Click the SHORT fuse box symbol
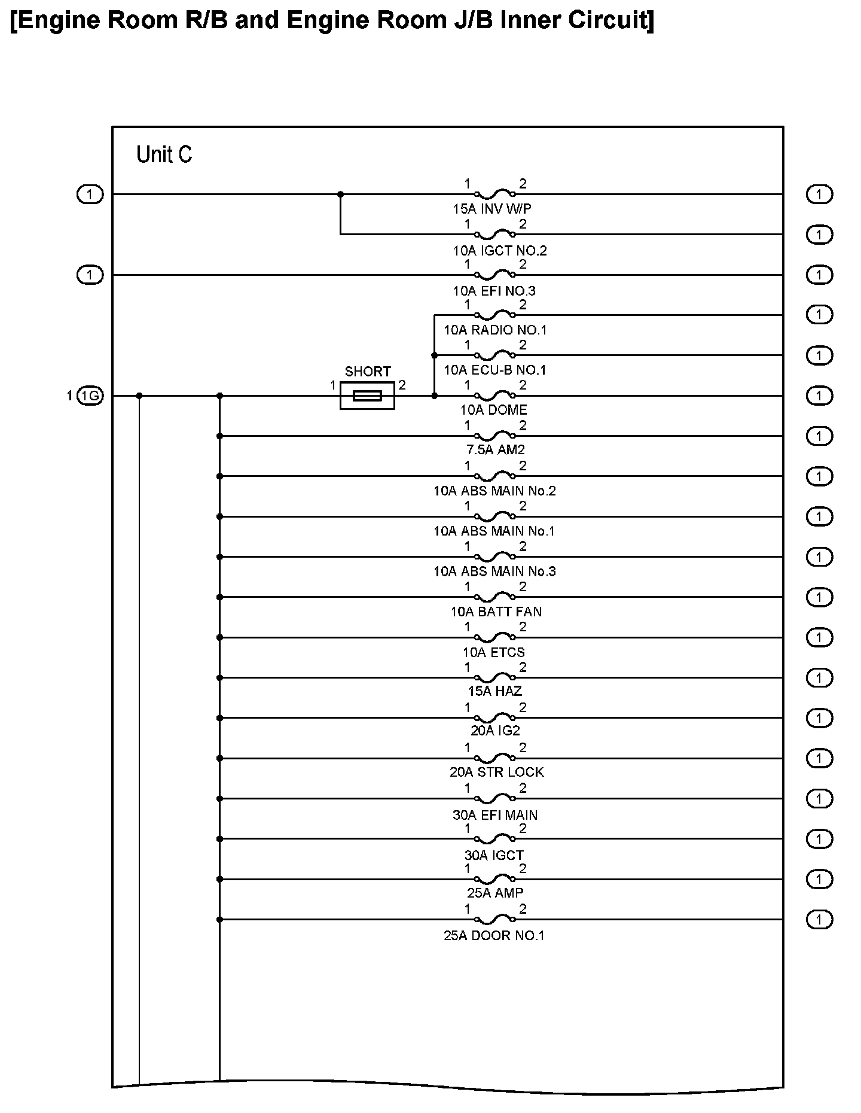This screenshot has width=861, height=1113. point(367,396)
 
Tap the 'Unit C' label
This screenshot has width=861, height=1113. point(164,154)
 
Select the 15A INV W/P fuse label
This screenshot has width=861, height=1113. point(492,209)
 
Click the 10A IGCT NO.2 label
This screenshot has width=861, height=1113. point(500,250)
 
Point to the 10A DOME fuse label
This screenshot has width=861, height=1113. point(494,410)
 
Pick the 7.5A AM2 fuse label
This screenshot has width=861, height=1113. point(495,450)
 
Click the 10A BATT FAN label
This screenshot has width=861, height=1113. point(496,612)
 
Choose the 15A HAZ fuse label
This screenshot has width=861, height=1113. point(495,691)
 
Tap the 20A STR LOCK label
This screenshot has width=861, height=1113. point(497,772)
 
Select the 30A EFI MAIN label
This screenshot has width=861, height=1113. point(495,815)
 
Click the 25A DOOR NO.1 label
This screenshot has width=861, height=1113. point(494,936)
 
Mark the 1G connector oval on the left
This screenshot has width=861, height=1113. point(90,396)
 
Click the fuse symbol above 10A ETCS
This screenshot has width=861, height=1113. point(494,637)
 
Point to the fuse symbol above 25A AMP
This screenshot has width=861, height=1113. point(494,878)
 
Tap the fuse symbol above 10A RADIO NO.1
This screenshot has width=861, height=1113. point(494,314)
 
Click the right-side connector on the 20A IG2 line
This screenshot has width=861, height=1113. point(819,718)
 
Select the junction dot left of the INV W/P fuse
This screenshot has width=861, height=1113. point(341,194)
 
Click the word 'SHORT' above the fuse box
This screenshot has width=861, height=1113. point(368,372)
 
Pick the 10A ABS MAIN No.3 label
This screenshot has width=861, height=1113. point(495,571)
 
